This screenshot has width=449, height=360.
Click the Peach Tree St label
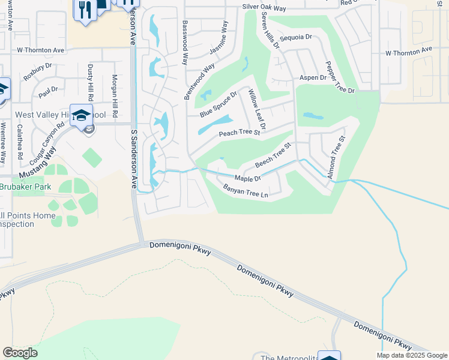coord(239,133)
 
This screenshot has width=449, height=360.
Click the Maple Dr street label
coord(247,178)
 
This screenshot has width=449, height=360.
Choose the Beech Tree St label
coord(273,155)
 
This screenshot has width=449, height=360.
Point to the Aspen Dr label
coord(313,78)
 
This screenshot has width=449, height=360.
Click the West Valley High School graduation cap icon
coord(81,115)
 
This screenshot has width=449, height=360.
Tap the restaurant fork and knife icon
coord(85,10)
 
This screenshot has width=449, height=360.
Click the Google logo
coord(20,353)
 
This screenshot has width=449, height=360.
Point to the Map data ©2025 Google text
coord(412,355)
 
